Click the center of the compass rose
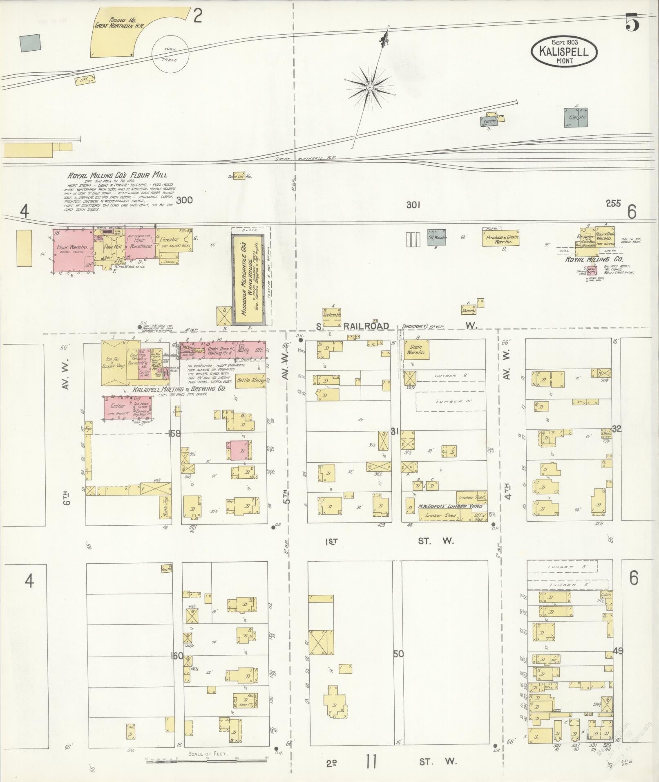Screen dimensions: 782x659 369,87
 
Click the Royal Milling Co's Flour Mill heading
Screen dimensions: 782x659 117,175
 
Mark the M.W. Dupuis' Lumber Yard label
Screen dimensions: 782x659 449,506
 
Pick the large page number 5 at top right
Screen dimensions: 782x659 632,22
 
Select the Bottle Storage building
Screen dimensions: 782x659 251,381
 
